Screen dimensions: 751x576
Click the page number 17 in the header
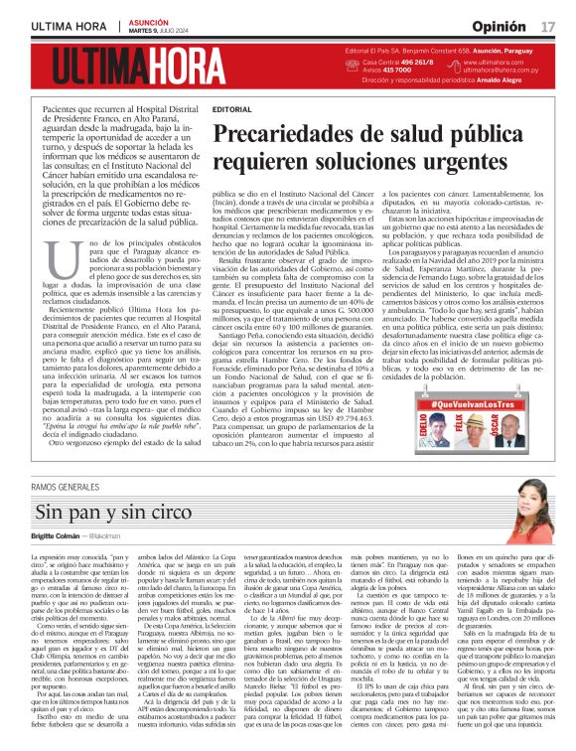(x=547, y=24)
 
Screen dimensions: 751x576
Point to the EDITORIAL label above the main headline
(x=232, y=108)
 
